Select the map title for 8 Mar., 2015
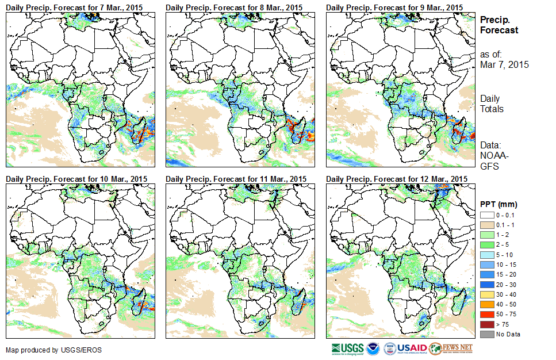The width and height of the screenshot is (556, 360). tap(234, 7)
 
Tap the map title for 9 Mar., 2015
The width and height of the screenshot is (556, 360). tap(394, 7)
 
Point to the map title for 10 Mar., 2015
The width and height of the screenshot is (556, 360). tap(76, 179)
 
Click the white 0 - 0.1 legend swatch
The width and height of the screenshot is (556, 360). tap(486, 215)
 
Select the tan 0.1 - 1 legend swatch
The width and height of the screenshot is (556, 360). tap(486, 225)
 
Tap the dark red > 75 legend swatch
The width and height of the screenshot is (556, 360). tap(486, 324)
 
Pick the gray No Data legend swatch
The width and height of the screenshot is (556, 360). tap(486, 334)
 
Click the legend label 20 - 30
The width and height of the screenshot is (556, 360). tap(505, 285)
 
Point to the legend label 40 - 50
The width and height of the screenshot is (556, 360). tap(505, 305)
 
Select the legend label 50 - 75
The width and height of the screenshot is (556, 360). tap(505, 315)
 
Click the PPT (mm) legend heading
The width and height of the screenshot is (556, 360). tap(499, 204)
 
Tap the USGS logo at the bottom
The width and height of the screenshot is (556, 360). tap(347, 348)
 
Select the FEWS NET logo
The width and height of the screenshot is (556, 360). tap(451, 348)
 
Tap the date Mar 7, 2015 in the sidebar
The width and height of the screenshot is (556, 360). tap(504, 64)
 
